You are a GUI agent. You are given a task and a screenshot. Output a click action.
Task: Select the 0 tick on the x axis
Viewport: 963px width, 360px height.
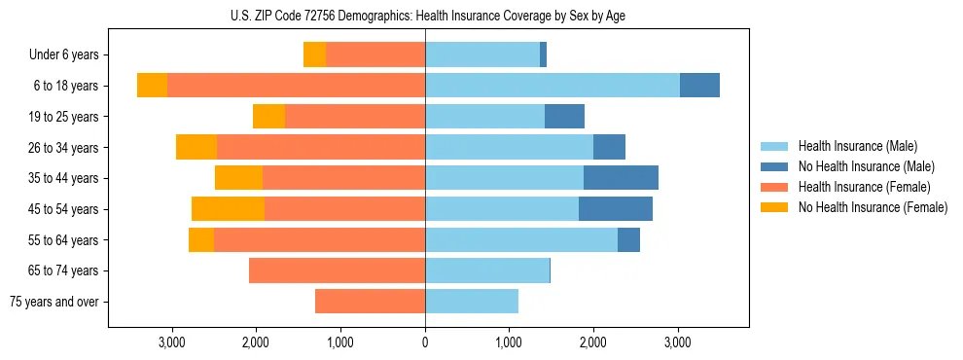425,342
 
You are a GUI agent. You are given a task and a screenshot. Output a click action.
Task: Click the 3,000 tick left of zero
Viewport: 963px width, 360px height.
172,342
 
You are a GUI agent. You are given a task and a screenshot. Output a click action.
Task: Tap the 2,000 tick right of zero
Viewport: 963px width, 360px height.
593,342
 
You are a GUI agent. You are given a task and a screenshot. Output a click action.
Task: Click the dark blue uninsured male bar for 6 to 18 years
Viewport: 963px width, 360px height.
699,86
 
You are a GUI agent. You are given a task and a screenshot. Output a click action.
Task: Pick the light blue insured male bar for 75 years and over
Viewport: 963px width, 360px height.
472,302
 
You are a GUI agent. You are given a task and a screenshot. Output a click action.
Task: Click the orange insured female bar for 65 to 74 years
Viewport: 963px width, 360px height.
337,270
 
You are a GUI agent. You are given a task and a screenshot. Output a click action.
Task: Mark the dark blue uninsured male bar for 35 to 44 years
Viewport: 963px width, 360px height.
621,178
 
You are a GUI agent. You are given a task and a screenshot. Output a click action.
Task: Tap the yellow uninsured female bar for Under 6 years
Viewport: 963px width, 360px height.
314,54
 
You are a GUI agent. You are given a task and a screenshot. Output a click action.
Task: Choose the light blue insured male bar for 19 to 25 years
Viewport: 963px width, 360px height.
484,117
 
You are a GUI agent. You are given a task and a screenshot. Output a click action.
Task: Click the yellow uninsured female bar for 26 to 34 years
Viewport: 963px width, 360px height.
196,147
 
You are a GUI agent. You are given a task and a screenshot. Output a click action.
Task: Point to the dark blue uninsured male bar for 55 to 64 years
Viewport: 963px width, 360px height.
628,239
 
